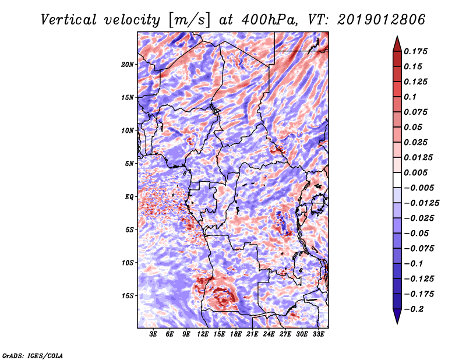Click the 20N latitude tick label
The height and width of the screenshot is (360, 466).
(128, 64)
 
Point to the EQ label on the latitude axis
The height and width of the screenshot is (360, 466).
(129, 196)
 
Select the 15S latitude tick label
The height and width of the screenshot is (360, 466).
(128, 295)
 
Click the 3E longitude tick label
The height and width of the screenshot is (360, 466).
(154, 334)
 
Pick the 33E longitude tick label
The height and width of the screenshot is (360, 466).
(319, 334)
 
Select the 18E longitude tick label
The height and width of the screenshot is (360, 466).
(236, 334)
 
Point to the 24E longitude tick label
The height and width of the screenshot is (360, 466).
(269, 334)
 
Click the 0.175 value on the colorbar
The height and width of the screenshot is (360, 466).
(417, 51)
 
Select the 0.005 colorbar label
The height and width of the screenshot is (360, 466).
(417, 172)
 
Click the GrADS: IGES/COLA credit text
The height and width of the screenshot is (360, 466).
(32, 355)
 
